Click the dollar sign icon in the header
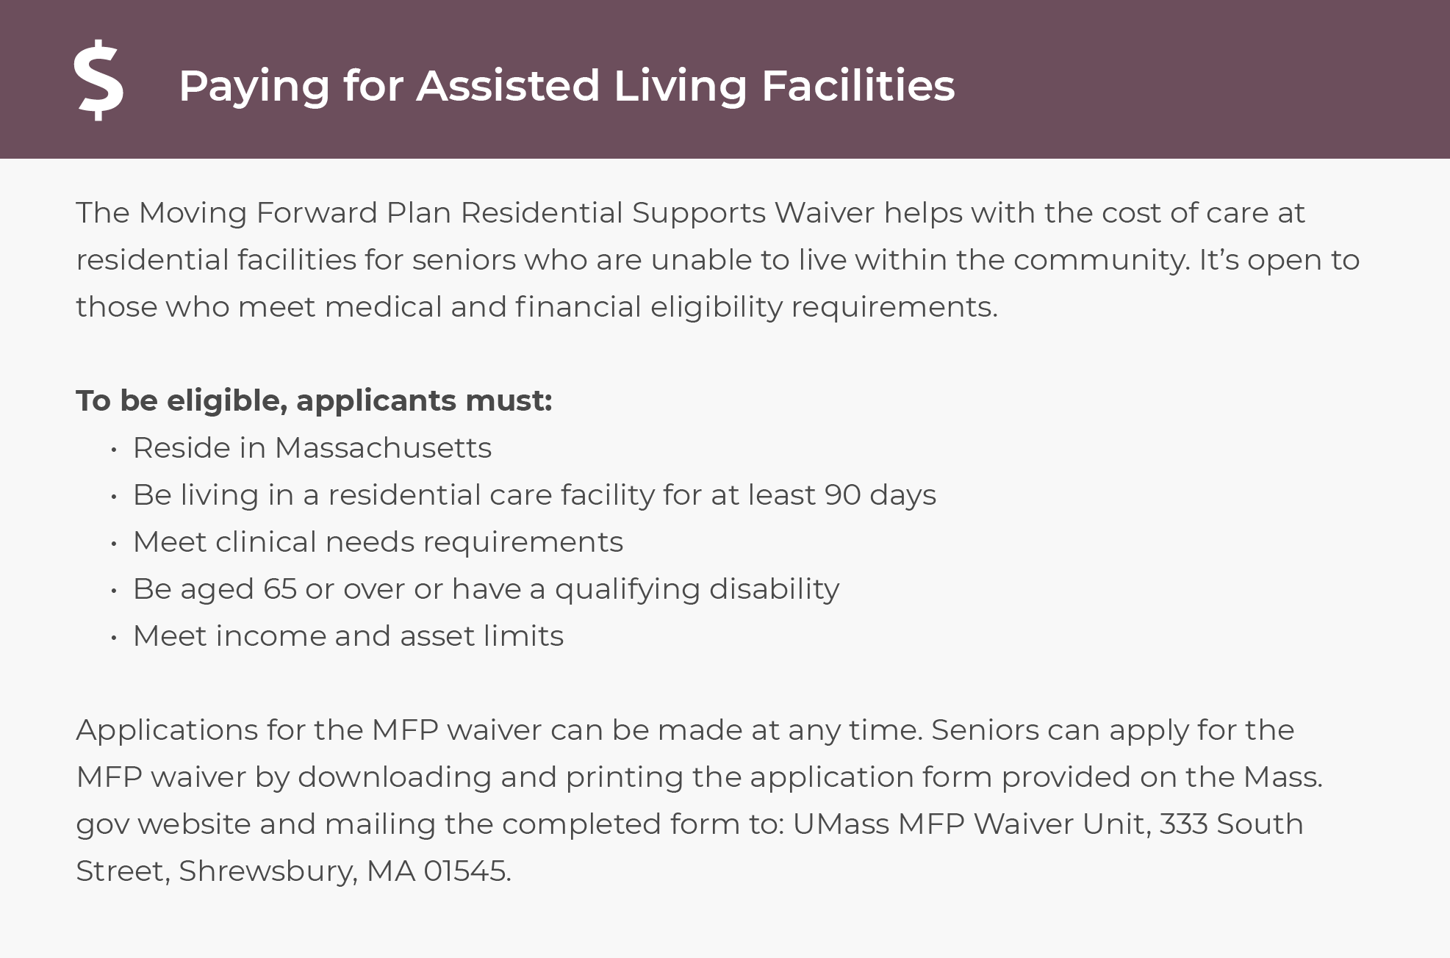(99, 80)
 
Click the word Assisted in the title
(509, 85)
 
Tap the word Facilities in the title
(858, 85)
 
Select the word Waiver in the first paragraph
(824, 213)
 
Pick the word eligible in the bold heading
(227, 401)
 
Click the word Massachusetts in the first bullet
(383, 448)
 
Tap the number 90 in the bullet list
(842, 495)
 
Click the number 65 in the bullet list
(280, 589)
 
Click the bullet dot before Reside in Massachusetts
(114, 450)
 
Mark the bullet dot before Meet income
(114, 638)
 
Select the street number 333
(1183, 824)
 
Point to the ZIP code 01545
(464, 871)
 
